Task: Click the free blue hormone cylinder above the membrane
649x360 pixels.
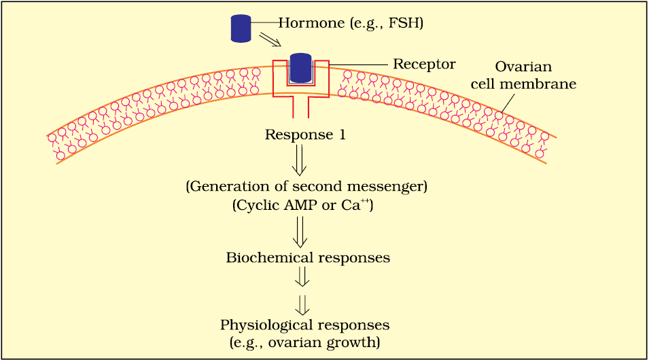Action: point(241,27)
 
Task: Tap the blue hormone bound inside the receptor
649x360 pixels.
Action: point(300,68)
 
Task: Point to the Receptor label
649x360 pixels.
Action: point(424,64)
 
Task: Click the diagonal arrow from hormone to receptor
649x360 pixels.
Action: point(270,42)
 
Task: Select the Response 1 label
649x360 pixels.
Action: point(305,134)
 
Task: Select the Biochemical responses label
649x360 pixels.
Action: point(308,258)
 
